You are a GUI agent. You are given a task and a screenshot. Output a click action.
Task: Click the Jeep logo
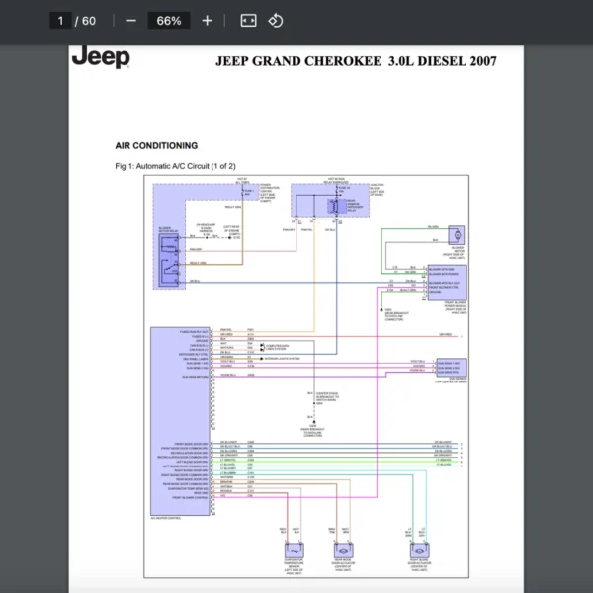click(x=101, y=57)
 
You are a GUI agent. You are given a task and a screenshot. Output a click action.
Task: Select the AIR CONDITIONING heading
click(x=156, y=145)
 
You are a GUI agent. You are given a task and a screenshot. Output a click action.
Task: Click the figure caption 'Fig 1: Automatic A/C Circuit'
click(x=173, y=165)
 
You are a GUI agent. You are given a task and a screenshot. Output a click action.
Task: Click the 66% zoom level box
click(x=169, y=20)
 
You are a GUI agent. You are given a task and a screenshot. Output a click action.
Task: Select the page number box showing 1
click(x=61, y=20)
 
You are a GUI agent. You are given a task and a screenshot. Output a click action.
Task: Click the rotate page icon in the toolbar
click(x=277, y=20)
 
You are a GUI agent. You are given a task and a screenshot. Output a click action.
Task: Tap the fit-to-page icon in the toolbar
click(x=249, y=20)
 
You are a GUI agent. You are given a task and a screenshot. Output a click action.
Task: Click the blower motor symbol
click(x=459, y=236)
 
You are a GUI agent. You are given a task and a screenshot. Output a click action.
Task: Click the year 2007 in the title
click(x=482, y=61)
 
